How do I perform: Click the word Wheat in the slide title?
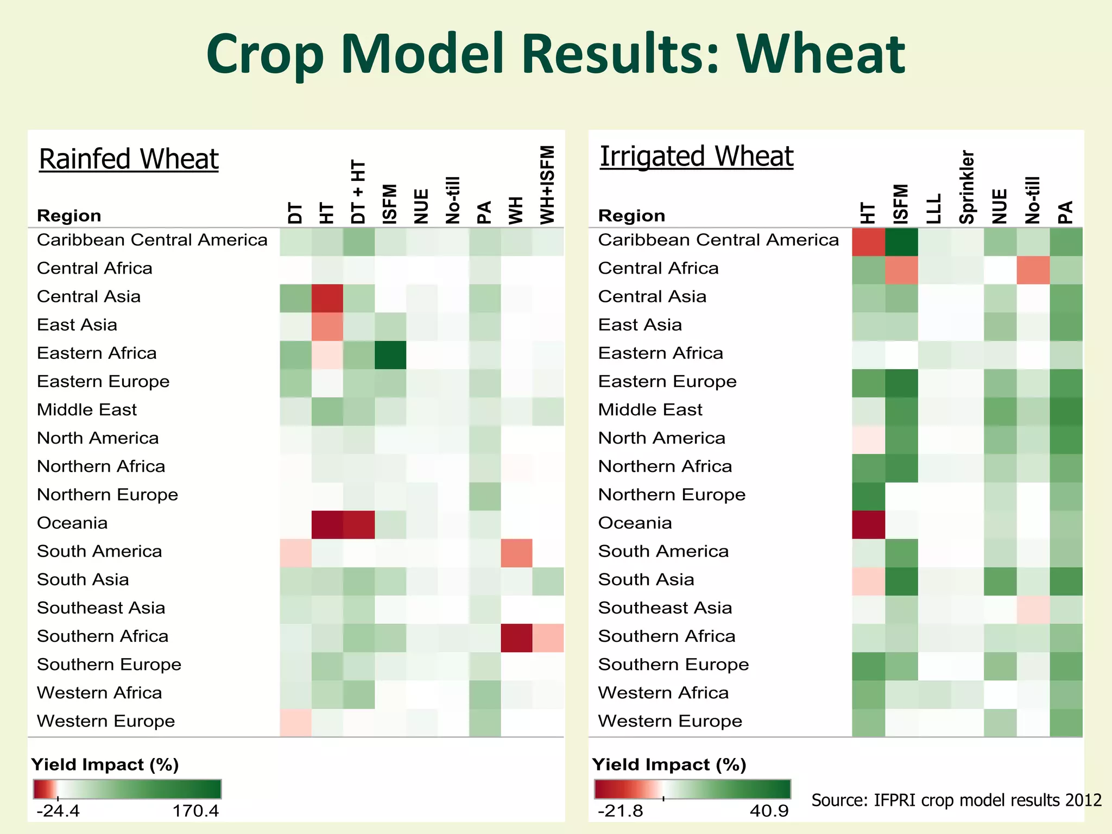(x=820, y=54)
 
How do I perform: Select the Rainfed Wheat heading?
(x=129, y=160)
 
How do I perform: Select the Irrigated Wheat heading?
(x=696, y=157)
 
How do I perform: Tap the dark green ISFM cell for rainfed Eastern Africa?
(x=390, y=355)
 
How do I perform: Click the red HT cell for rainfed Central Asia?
(x=327, y=298)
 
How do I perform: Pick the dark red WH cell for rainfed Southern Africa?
(x=516, y=637)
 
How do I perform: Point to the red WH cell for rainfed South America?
(x=516, y=553)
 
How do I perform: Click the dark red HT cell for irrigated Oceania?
(x=868, y=525)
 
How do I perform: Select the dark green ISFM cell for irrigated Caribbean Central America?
(x=901, y=242)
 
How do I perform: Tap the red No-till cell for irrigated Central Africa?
(x=1033, y=270)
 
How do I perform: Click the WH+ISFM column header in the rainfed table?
(x=548, y=185)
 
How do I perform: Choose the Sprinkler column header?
(x=967, y=187)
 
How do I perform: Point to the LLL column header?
(x=934, y=209)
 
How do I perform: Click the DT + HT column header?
(x=358, y=192)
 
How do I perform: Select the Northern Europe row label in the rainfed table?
(x=108, y=495)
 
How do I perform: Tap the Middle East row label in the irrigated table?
(x=650, y=410)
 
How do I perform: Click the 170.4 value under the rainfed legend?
(x=195, y=811)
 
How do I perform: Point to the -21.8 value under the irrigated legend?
(x=620, y=811)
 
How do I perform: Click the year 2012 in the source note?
(x=1083, y=800)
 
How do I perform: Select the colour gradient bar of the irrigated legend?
(x=692, y=789)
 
